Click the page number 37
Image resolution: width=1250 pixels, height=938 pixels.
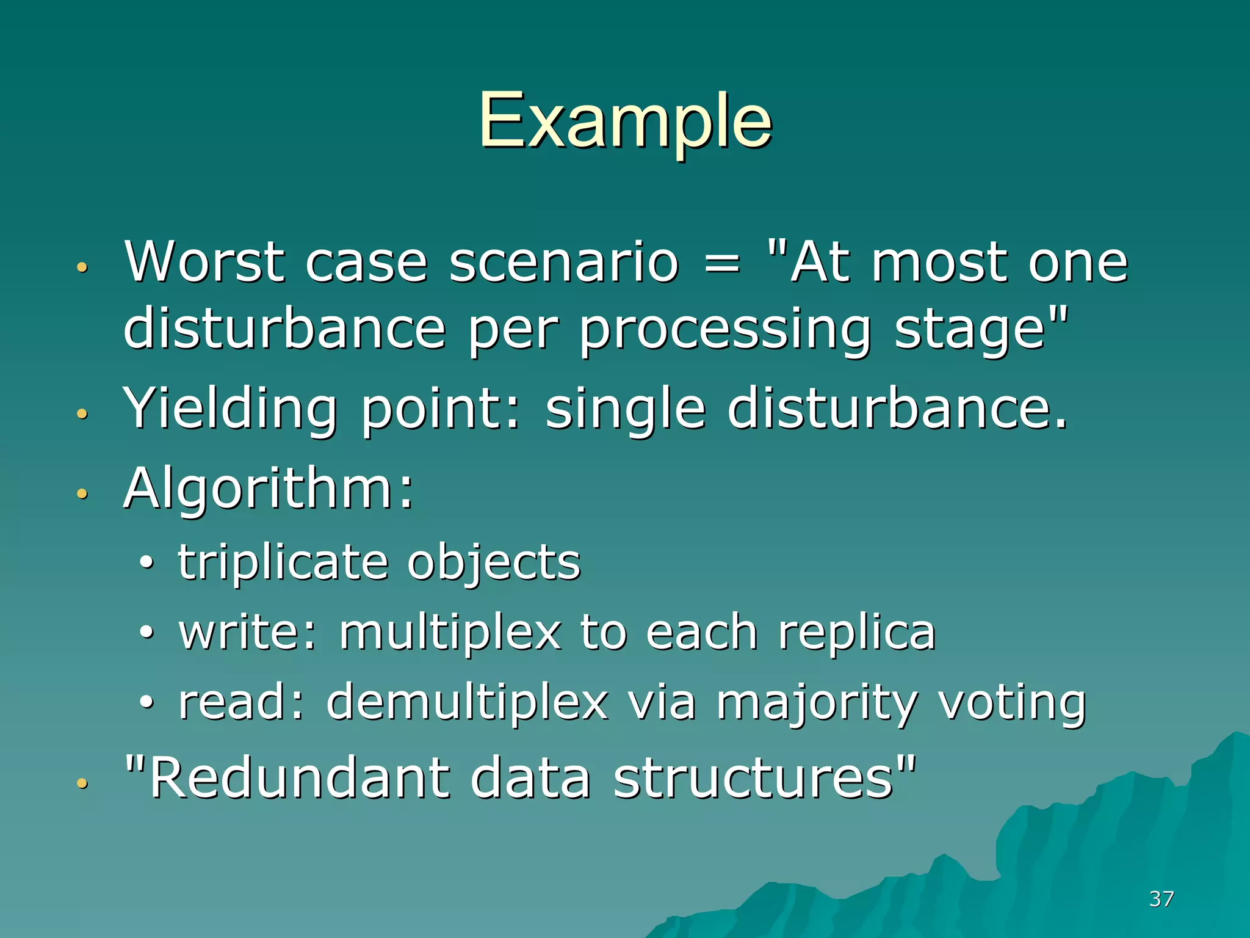coord(1161,898)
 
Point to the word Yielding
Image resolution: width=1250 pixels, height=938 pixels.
coord(229,410)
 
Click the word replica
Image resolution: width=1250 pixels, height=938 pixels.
coord(856,633)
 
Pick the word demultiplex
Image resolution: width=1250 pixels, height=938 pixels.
coord(467,702)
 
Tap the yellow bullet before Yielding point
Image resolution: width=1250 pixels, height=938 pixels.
coord(82,414)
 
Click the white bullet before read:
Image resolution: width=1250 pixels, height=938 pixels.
coord(146,702)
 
